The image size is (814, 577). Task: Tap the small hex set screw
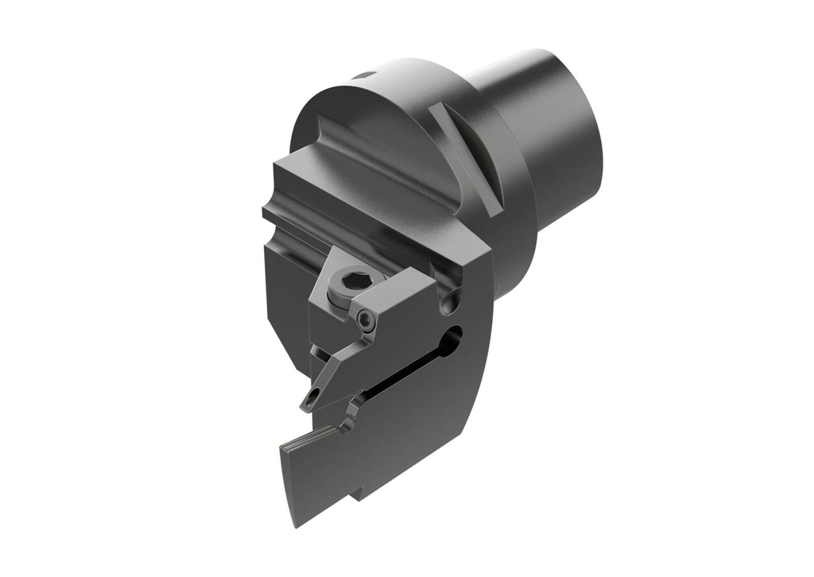click(365, 319)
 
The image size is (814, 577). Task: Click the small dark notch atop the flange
click(363, 76)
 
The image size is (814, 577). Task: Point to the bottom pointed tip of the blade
click(296, 521)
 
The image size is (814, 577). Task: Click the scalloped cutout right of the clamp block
click(451, 301)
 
